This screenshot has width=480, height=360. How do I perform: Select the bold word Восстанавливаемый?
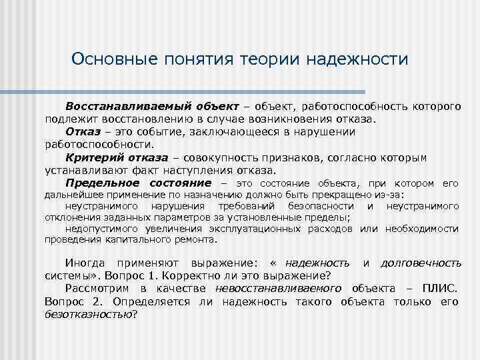117,107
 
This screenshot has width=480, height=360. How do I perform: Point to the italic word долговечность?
420,263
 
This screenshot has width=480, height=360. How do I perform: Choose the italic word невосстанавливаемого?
278,289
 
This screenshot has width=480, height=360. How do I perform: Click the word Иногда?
86,263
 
